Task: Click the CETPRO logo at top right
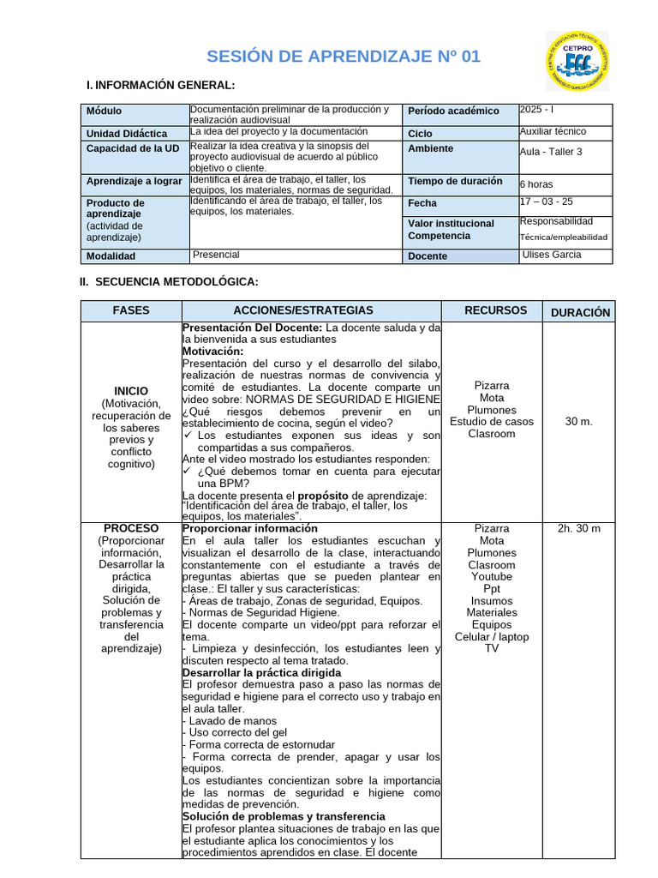point(577,62)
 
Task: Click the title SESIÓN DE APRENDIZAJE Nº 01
point(344,57)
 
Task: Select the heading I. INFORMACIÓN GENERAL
point(161,85)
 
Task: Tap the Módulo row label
point(105,111)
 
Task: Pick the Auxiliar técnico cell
point(553,132)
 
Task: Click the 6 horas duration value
point(536,184)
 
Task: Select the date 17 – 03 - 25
point(547,202)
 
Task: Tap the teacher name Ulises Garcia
point(551,255)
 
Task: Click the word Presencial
point(216,255)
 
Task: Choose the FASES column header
point(131,310)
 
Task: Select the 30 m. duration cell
point(579,421)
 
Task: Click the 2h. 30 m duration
point(579,528)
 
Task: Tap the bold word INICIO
point(131,391)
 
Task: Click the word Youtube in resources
point(491,577)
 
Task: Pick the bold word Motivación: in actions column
point(213,351)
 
